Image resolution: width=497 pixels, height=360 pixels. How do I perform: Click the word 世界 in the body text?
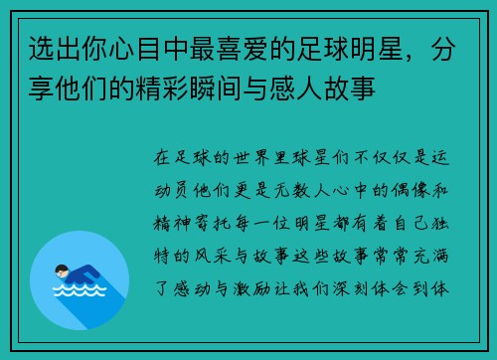coord(259,158)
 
